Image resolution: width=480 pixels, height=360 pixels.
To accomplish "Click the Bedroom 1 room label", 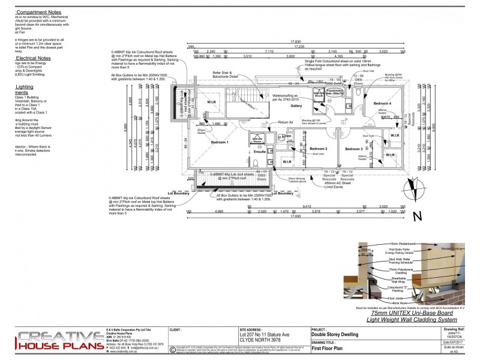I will click(x=220, y=142).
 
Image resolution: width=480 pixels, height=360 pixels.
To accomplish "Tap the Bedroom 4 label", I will click(x=382, y=104).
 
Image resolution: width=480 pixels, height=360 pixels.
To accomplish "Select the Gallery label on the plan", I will click(x=296, y=106).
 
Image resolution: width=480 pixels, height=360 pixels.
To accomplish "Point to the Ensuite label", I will click(x=259, y=152).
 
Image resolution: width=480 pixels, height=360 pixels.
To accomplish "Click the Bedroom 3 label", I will click(x=353, y=148).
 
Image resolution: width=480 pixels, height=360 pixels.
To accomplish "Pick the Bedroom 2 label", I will click(x=318, y=148).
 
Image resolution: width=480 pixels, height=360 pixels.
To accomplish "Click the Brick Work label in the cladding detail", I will click(x=382, y=303).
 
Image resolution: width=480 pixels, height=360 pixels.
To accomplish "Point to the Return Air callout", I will click(x=286, y=122).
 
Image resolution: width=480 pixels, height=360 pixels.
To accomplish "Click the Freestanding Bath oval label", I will click(x=335, y=92).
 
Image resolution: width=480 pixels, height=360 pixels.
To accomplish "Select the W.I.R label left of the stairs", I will click(x=211, y=102).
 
